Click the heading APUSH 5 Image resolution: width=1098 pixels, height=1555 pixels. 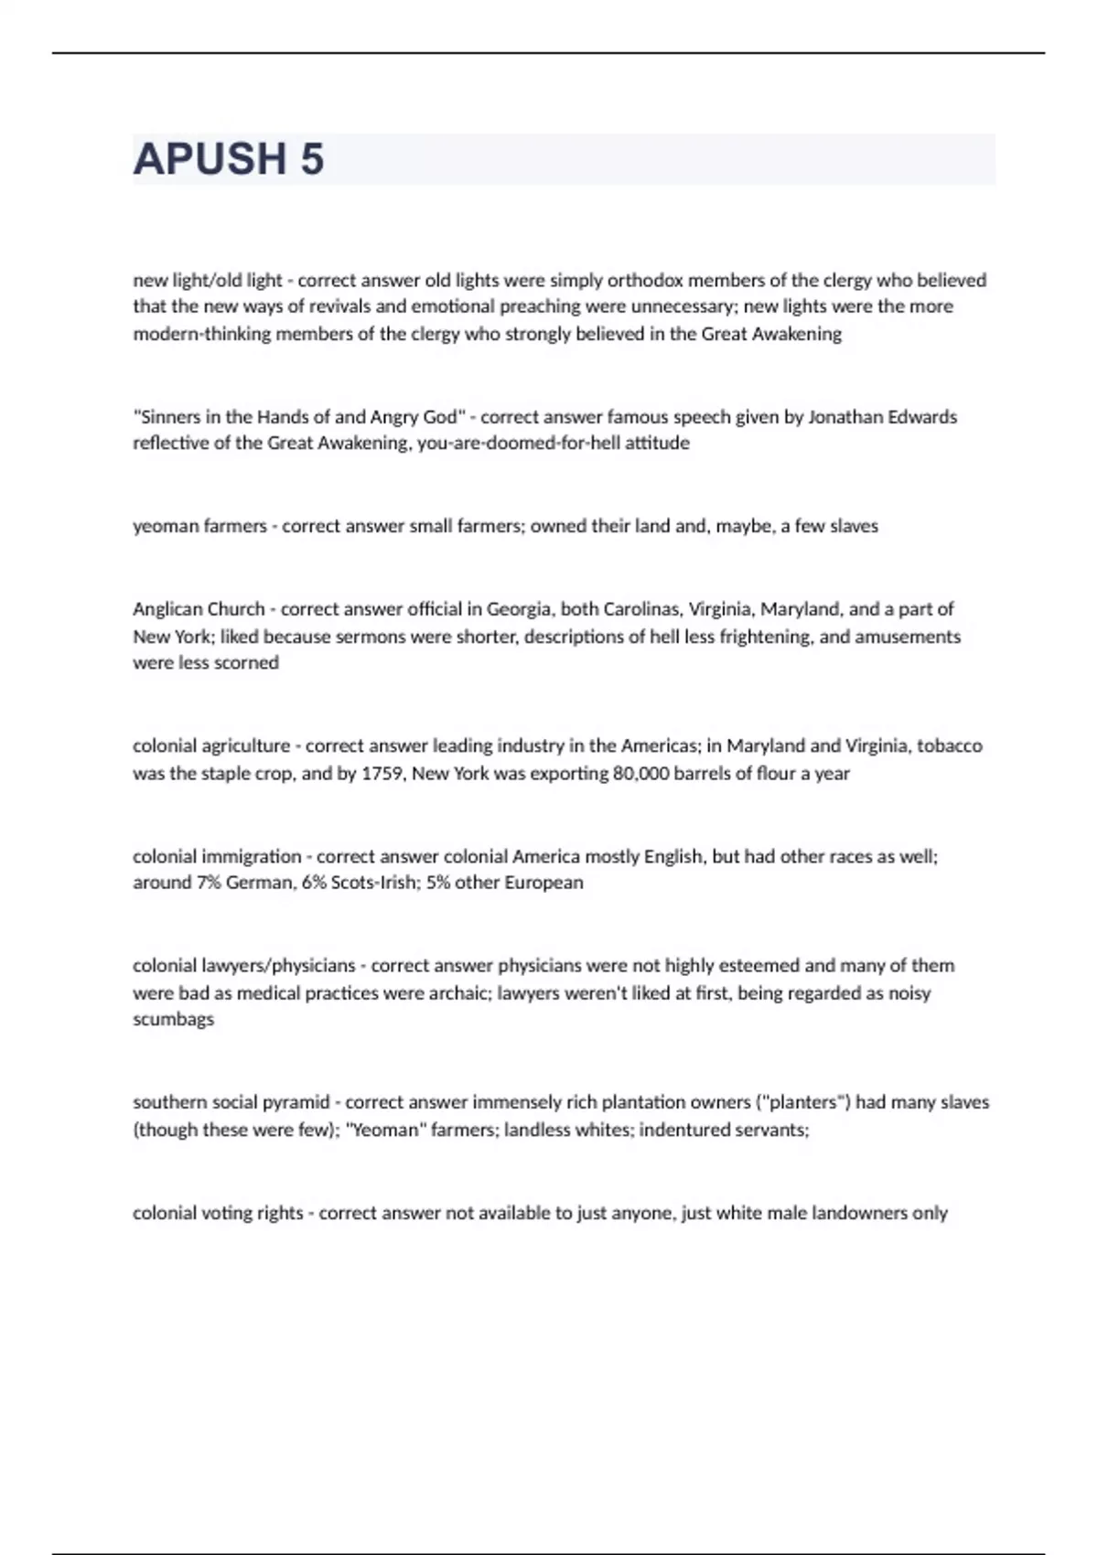[x=228, y=159]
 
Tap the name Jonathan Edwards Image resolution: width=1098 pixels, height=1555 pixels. [x=882, y=417]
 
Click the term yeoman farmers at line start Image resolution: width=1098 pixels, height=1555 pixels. [x=199, y=526]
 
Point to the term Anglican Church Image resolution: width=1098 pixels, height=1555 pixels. [x=198, y=609]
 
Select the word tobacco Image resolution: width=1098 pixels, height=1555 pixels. [x=949, y=746]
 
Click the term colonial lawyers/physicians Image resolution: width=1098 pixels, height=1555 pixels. [x=243, y=966]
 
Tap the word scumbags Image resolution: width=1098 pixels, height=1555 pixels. [x=173, y=1020]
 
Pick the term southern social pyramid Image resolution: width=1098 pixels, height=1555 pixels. [x=231, y=1102]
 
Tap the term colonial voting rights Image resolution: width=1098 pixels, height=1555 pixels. [x=217, y=1213]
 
